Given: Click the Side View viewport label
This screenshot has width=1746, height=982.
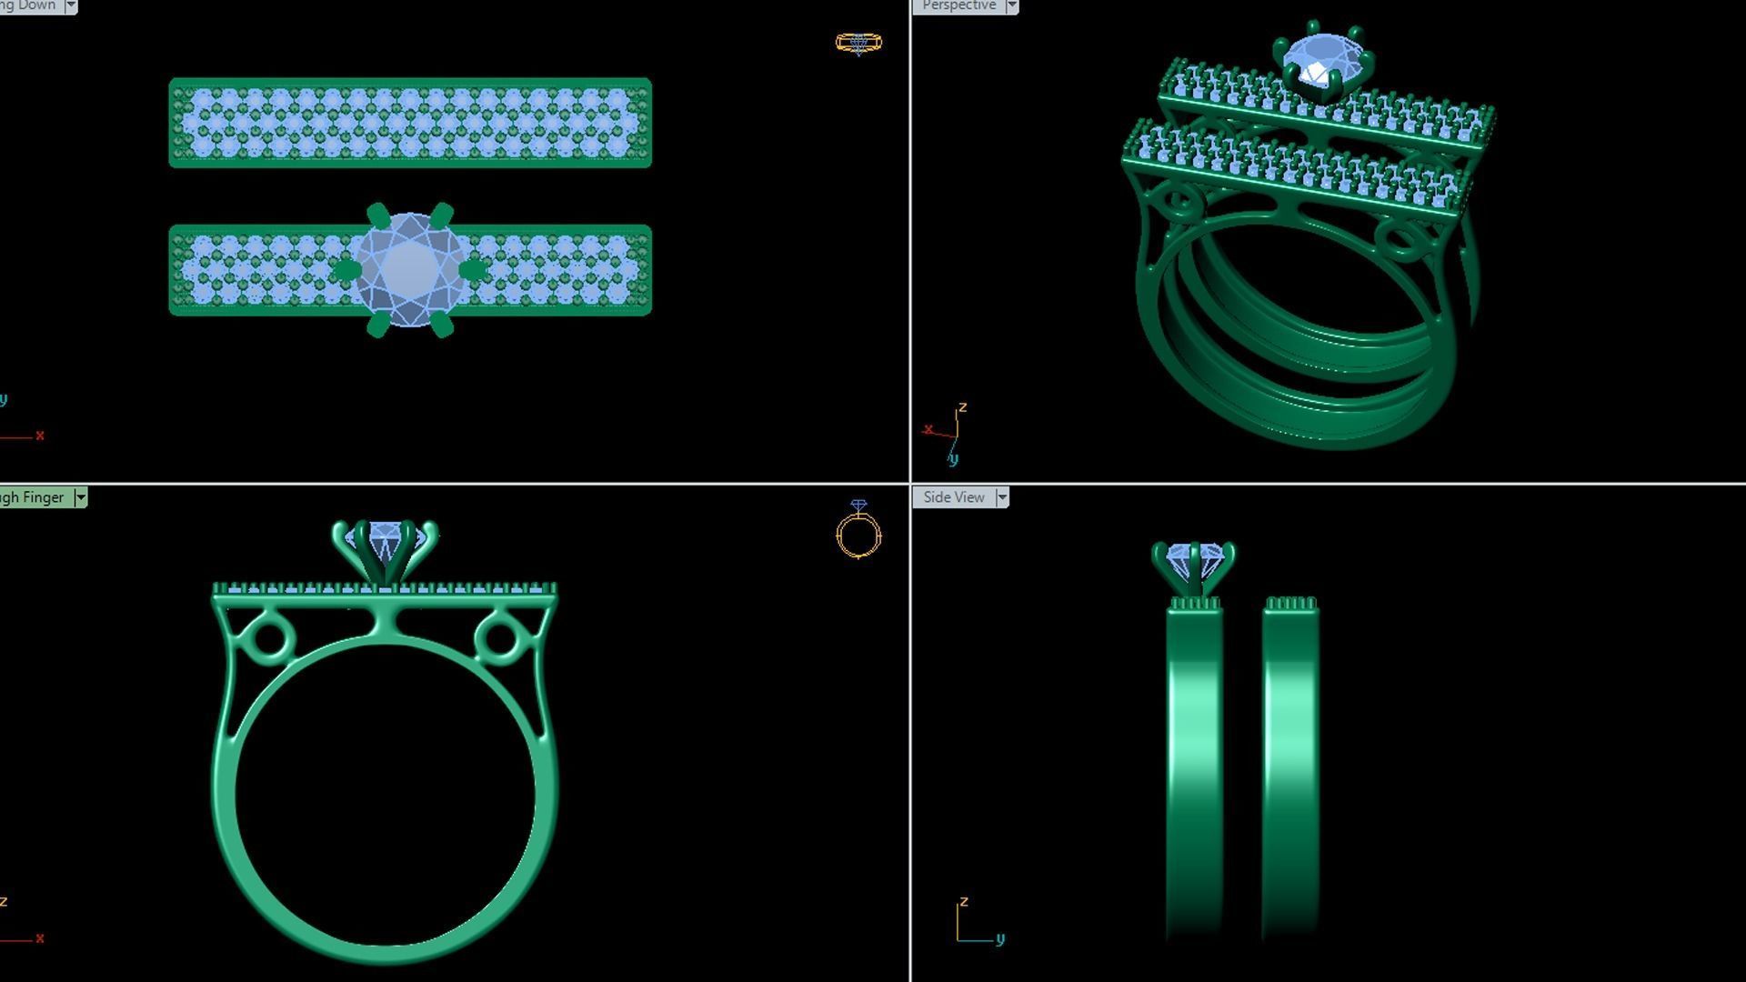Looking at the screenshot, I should click(953, 497).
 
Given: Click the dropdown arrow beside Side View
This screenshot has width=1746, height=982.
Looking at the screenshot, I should click(1002, 497).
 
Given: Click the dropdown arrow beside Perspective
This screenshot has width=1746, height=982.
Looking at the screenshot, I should click(1011, 6).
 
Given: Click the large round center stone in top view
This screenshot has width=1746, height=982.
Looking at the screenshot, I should click(409, 269).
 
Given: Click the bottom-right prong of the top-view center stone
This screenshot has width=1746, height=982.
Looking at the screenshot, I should click(442, 325).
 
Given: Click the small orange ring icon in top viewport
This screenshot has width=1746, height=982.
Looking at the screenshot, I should click(858, 43).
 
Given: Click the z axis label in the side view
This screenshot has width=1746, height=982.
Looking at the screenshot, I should click(964, 901).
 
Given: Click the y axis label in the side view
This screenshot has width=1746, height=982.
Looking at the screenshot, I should click(1000, 939).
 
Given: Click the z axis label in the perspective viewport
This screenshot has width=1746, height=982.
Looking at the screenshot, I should click(962, 407).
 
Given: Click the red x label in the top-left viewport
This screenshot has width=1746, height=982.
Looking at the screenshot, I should click(40, 436).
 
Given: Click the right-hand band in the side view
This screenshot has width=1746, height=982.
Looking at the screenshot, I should click(1290, 773).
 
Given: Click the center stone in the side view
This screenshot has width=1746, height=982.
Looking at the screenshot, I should click(1192, 557).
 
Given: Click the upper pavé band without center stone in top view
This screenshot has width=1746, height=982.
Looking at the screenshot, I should click(409, 123).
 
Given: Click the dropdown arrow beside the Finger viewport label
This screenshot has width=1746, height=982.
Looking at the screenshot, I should click(81, 497).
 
